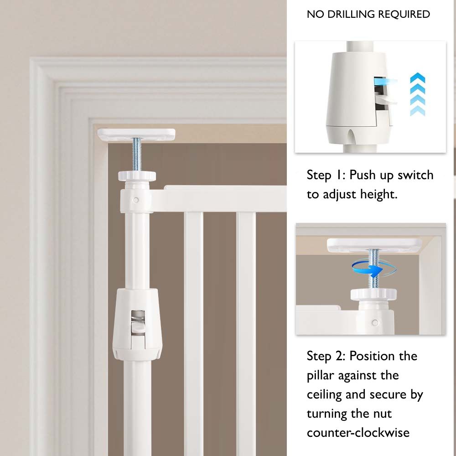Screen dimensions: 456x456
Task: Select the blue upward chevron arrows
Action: tap(417, 94)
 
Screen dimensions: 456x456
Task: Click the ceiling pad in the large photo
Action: tap(136, 134)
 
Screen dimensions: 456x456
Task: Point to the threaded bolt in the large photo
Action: tap(137, 155)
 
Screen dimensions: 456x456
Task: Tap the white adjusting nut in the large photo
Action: tap(137, 176)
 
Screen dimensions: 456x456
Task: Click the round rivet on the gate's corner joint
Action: tap(135, 200)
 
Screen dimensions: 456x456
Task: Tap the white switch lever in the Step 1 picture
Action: tap(386, 100)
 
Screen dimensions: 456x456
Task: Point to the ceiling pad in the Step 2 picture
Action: tap(374, 245)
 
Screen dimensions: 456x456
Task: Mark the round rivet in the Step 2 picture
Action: tap(375, 322)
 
